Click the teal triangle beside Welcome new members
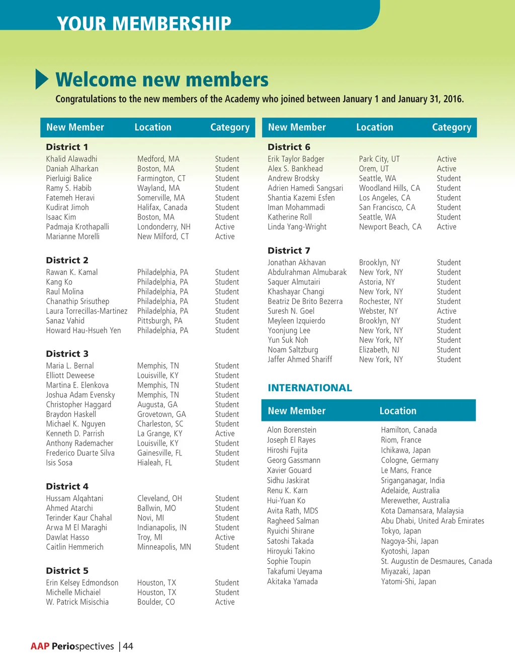pyautogui.click(x=42, y=80)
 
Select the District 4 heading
pyautogui.click(x=67, y=486)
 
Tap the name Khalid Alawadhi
pyautogui.click(x=71, y=159)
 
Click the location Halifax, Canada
pyautogui.click(x=162, y=207)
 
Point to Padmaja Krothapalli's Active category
pyautogui.click(x=224, y=227)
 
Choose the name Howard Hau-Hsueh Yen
pyautogui.click(x=83, y=331)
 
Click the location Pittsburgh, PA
pyautogui.click(x=159, y=321)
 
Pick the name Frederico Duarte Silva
pyautogui.click(x=80, y=453)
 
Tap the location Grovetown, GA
pyautogui.click(x=161, y=414)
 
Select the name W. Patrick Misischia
pyautogui.click(x=77, y=602)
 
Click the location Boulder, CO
pyautogui.click(x=156, y=602)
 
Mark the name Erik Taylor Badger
pyautogui.click(x=296, y=159)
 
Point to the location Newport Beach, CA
pyautogui.click(x=390, y=227)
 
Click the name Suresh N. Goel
pyautogui.click(x=291, y=311)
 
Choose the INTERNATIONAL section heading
pyautogui.click(x=310, y=388)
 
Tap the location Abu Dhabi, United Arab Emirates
pyautogui.click(x=432, y=521)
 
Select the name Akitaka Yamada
pyautogui.click(x=292, y=581)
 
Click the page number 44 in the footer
pyautogui.click(x=128, y=646)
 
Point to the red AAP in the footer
pyautogui.click(x=40, y=646)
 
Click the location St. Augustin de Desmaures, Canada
pyautogui.click(x=436, y=561)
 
